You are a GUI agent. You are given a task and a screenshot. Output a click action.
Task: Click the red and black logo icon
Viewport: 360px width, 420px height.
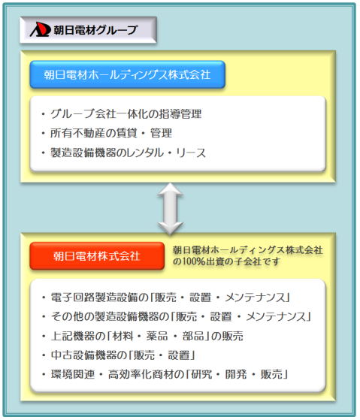tap(40, 29)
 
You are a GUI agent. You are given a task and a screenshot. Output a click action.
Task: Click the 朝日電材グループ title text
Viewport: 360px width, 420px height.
tap(95, 30)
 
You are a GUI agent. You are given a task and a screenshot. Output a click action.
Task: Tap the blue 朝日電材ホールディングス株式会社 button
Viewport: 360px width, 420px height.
tap(127, 74)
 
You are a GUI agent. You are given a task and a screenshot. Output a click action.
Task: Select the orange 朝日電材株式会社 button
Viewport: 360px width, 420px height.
tap(97, 255)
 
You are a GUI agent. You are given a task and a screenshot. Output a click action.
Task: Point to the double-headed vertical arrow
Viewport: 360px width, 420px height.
tap(171, 209)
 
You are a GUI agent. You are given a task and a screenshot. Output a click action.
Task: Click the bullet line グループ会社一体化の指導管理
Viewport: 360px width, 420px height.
tap(121, 114)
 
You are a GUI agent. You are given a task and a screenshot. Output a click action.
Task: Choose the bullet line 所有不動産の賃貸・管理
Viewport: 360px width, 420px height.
tap(107, 134)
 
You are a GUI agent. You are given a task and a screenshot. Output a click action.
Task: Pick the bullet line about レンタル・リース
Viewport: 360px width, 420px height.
tap(123, 153)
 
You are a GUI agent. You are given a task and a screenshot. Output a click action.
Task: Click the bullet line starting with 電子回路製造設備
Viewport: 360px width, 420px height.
tap(166, 298)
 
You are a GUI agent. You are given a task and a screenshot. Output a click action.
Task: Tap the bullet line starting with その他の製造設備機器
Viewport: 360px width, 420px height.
tap(177, 317)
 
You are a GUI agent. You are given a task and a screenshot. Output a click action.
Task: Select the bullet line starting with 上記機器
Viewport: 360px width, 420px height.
tap(143, 336)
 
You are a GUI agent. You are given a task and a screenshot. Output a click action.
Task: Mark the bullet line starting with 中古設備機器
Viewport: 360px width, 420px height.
tap(119, 355)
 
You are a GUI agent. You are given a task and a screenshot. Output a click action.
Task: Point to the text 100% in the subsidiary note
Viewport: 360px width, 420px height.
tap(193, 261)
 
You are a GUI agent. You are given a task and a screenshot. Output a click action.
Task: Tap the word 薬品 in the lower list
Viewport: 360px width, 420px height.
tap(157, 336)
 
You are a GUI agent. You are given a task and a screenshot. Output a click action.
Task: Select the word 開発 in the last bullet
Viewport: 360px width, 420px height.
tap(236, 374)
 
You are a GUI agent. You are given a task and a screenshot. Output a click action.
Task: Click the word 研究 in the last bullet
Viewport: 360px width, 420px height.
tap(201, 374)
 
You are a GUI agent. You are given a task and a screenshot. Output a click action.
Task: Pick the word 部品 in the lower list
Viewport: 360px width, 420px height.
tap(193, 336)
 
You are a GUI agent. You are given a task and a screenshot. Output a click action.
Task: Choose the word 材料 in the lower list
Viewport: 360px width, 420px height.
tap(123, 336)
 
